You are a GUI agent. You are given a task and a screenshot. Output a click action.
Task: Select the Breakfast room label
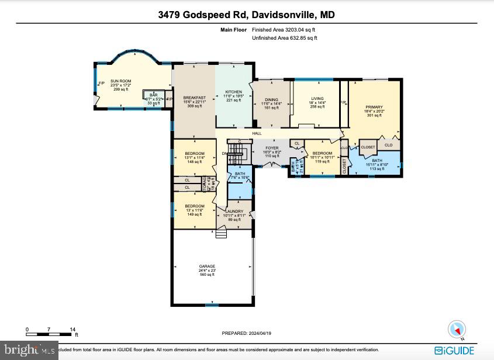194,98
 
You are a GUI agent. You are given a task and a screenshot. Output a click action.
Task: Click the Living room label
316,99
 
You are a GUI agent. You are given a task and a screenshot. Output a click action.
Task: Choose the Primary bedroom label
374,107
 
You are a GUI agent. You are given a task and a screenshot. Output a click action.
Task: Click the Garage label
207,266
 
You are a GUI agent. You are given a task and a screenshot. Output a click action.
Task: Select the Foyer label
272,148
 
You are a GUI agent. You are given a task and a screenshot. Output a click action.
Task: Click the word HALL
257,134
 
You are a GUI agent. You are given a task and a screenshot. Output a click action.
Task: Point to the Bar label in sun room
154,95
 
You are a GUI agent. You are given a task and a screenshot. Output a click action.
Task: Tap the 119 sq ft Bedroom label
322,153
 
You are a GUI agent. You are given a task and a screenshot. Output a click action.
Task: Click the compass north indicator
455,330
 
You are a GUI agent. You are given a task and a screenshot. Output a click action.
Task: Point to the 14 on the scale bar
73,330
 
